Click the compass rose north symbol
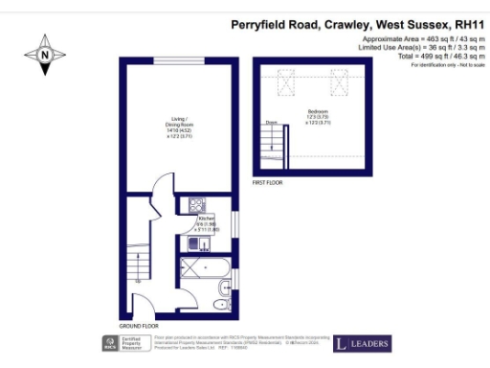(45, 55)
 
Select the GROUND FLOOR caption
(140, 326)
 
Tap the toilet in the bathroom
(224, 287)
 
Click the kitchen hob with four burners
(197, 204)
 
